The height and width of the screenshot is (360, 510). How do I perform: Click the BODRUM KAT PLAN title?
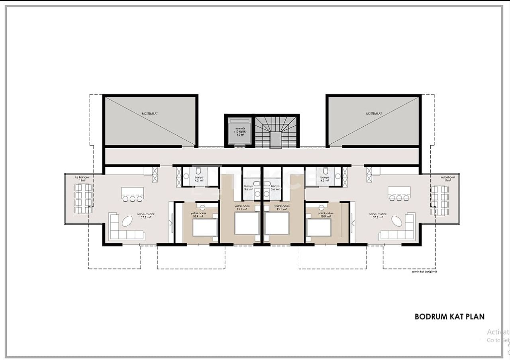click(449, 317)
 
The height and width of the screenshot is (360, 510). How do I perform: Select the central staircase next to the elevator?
click(277, 133)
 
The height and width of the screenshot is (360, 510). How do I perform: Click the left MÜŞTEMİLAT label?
click(150, 113)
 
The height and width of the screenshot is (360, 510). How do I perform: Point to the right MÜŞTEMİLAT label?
click(374, 113)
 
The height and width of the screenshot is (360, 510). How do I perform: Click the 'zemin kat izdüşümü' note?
click(424, 272)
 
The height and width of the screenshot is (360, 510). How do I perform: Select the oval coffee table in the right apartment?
click(397, 221)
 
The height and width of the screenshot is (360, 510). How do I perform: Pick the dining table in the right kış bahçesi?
click(439, 199)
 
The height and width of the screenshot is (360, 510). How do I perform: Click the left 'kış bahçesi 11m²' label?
click(82, 179)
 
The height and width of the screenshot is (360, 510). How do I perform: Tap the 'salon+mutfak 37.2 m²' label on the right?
click(377, 216)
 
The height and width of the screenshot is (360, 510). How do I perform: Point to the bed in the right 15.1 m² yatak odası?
click(277, 223)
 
